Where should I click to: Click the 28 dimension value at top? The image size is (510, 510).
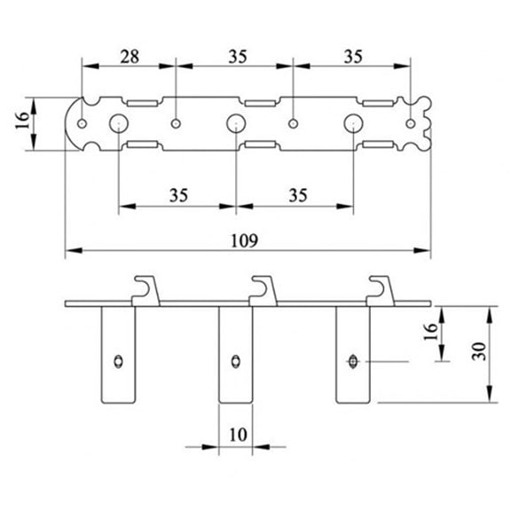[129, 57]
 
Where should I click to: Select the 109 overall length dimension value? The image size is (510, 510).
[244, 240]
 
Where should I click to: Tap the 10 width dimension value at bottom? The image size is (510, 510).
[238, 435]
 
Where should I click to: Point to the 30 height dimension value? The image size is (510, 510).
[479, 351]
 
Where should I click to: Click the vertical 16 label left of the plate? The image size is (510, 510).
[22, 121]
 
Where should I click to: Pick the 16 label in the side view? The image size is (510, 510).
[430, 332]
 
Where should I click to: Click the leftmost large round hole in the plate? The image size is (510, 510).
[119, 123]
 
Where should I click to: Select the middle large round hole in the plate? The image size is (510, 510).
[236, 123]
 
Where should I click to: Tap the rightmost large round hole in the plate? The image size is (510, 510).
[354, 123]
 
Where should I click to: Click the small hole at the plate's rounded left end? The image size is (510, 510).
[82, 123]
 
